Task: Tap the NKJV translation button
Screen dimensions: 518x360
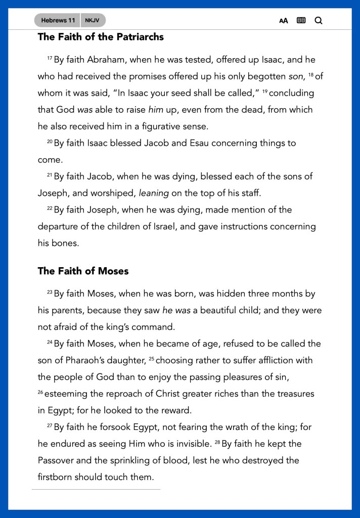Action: pyautogui.click(x=92, y=20)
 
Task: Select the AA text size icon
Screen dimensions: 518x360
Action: pyautogui.click(x=284, y=21)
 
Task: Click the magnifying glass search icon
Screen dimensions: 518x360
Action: pyautogui.click(x=318, y=21)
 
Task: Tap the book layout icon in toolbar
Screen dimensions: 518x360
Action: pyautogui.click(x=301, y=21)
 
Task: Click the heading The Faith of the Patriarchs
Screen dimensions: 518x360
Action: pyautogui.click(x=101, y=37)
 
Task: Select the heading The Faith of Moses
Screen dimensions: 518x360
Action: pyautogui.click(x=83, y=271)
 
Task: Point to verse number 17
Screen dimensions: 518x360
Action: pyautogui.click(x=50, y=59)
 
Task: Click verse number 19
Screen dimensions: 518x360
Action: pyautogui.click(x=265, y=92)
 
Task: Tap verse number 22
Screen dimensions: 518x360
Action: pyautogui.click(x=50, y=208)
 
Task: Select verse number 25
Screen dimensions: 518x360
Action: pyautogui.click(x=151, y=359)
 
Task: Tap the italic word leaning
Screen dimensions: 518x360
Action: pyautogui.click(x=154, y=193)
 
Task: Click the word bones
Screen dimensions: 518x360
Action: pyautogui.click(x=66, y=243)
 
